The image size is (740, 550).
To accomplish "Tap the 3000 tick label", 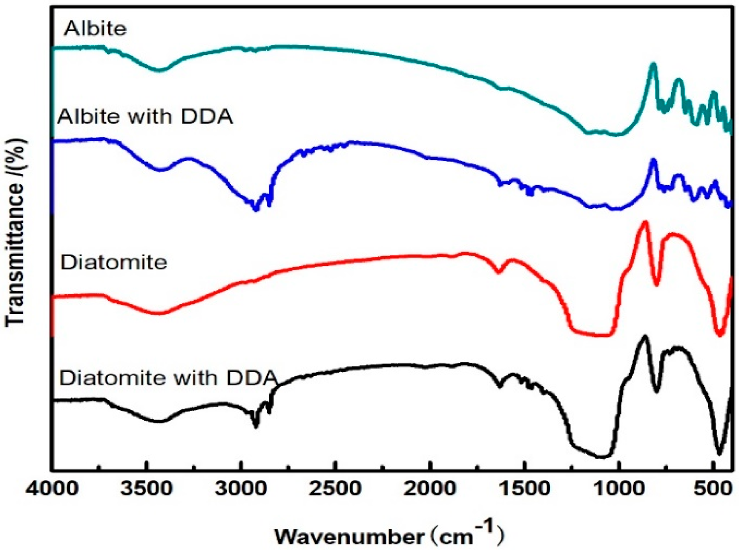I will pyautogui.click(x=241, y=489).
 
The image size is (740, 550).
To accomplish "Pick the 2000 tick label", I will pyautogui.click(x=430, y=489).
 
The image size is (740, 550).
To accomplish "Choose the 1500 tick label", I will pyautogui.click(x=524, y=489).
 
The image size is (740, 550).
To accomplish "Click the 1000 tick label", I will pyautogui.click(x=619, y=489).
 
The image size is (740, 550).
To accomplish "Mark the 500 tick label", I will pyautogui.click(x=713, y=489).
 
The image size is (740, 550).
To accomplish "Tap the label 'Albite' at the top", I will pyautogui.click(x=95, y=29).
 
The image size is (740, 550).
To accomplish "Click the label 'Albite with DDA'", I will pyautogui.click(x=145, y=117).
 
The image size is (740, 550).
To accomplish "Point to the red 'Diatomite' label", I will pyautogui.click(x=114, y=263).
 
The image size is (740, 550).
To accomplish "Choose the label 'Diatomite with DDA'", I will pyautogui.click(x=168, y=378).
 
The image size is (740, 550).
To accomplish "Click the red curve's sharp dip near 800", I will pyautogui.click(x=657, y=284).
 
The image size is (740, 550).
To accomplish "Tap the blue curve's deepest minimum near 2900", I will pyautogui.click(x=255, y=209).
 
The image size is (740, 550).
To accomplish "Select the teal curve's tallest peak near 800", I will pyautogui.click(x=653, y=64).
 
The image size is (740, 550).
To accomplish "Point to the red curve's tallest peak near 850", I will pyautogui.click(x=645, y=222).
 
